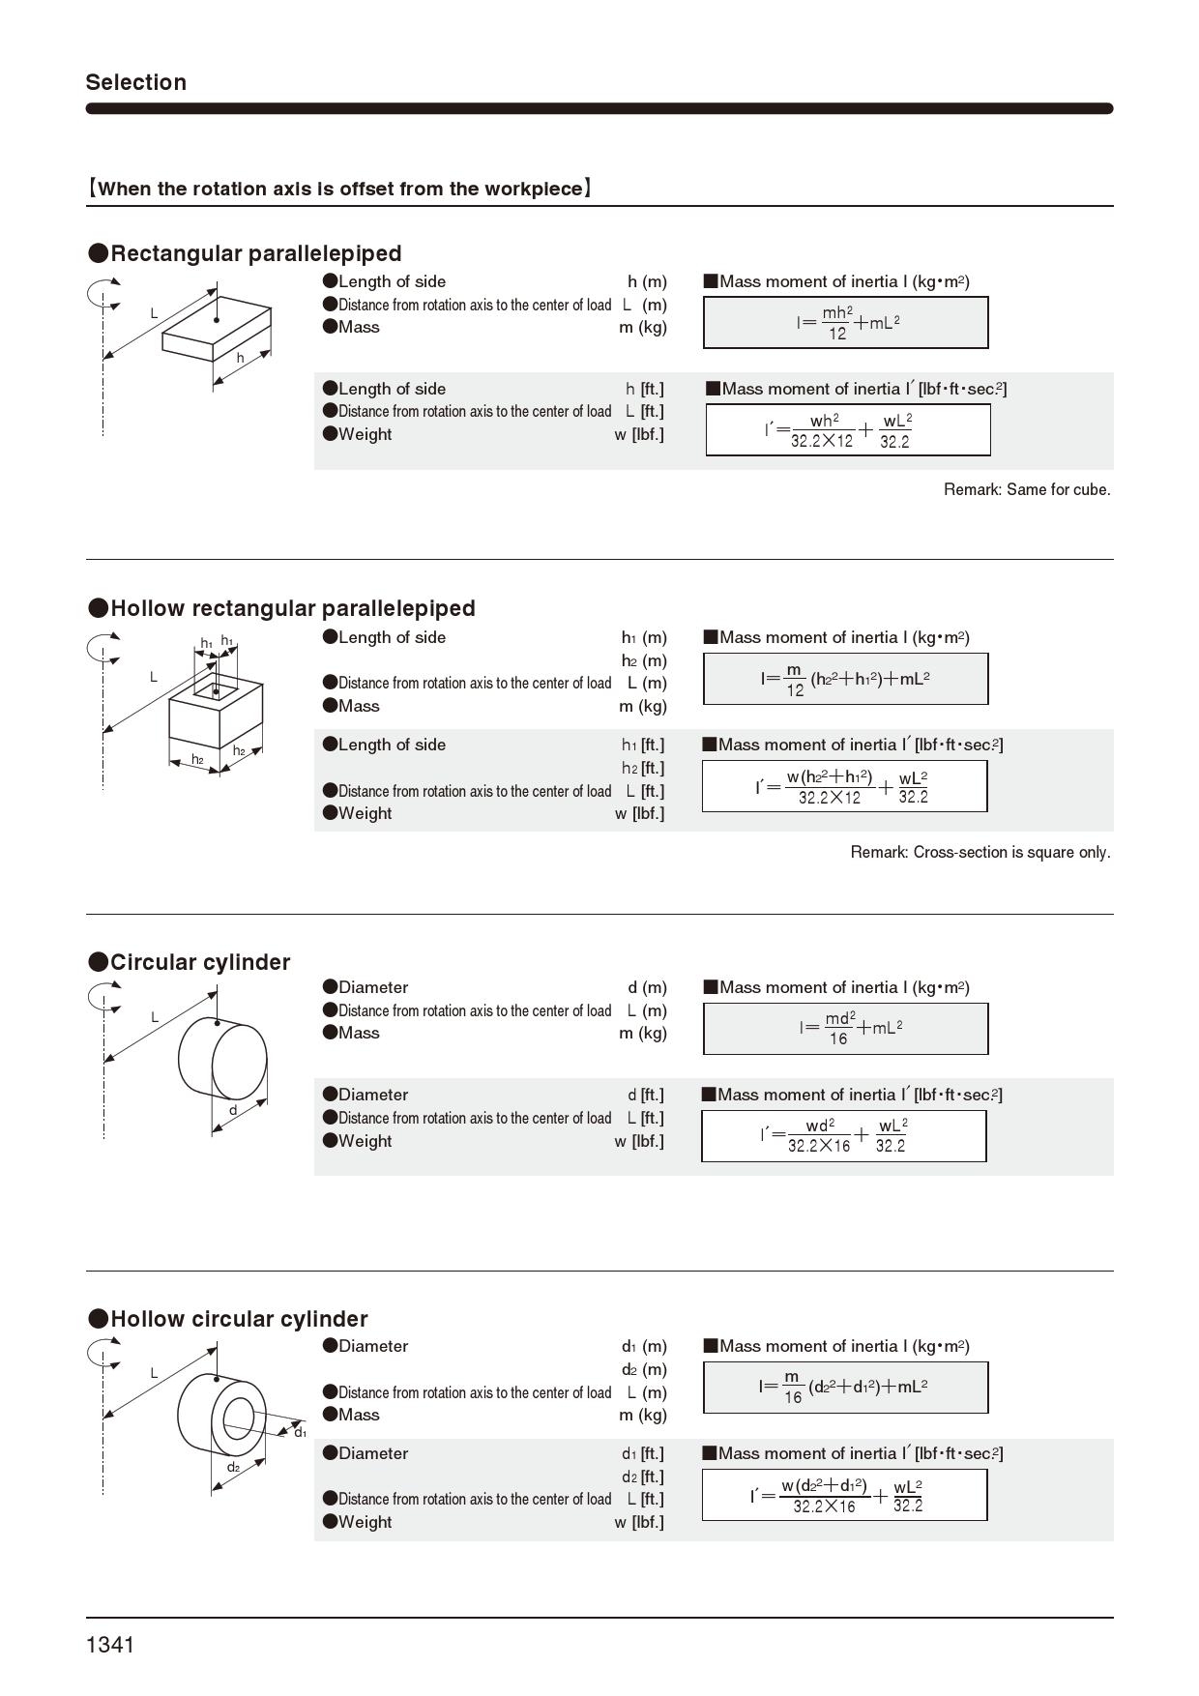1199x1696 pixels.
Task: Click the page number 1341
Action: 110,1645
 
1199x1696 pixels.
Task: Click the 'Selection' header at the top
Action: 135,82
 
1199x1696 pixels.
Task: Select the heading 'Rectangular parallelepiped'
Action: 255,253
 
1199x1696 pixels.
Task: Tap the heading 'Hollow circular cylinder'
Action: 239,1319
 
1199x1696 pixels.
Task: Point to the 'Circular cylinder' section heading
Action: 200,962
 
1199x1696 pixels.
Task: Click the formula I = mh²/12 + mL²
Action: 846,323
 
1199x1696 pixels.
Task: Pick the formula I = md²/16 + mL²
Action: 846,1028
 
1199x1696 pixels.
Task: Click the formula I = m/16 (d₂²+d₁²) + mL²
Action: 844,1388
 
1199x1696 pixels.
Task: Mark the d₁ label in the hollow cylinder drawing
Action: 300,1432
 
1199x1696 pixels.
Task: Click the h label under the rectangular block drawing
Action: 241,358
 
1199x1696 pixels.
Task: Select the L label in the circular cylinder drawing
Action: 154,1017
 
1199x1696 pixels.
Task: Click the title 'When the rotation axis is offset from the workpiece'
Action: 339,189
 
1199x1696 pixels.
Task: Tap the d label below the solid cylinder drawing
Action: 233,1110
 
